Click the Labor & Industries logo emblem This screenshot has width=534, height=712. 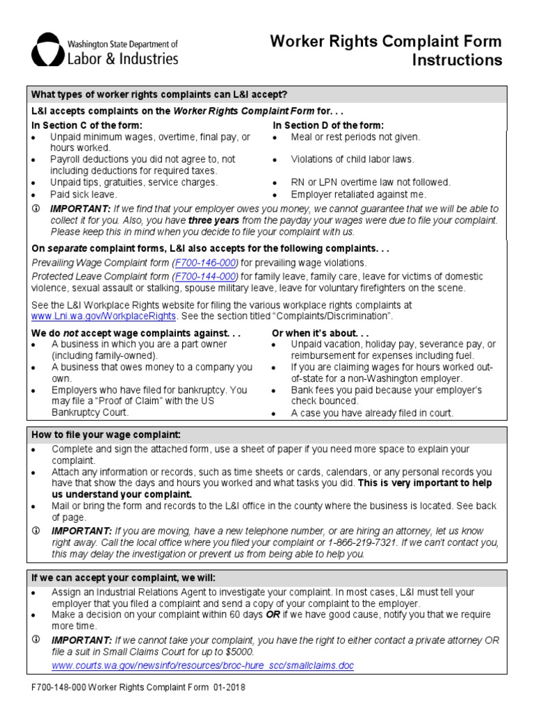(47, 49)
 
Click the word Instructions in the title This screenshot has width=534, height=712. (457, 60)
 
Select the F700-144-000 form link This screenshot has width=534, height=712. (207, 277)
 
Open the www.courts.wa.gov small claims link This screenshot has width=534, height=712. (202, 665)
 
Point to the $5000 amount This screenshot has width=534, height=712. (241, 652)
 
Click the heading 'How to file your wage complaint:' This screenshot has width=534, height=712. (106, 435)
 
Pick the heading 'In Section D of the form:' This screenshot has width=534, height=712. (327, 125)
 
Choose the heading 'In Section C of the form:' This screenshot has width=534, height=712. (87, 125)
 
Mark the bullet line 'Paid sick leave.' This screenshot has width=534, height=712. (83, 195)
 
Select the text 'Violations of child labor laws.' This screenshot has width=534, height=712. (353, 159)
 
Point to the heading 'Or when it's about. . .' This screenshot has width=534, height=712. (320, 333)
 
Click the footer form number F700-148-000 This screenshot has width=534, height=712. (61, 688)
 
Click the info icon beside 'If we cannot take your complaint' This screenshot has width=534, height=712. (37, 640)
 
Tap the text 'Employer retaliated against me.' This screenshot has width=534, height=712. (359, 195)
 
